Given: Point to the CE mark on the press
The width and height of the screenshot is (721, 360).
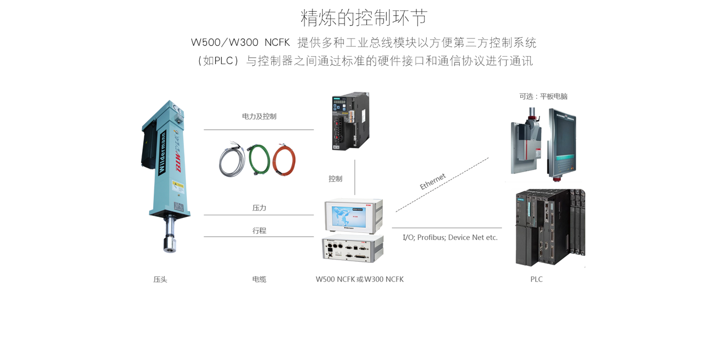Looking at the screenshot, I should pos(178,111).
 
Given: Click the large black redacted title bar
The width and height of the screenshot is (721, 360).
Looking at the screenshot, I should pos(379,53).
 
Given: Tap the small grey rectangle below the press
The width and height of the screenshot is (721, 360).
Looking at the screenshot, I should pos(160,279).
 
